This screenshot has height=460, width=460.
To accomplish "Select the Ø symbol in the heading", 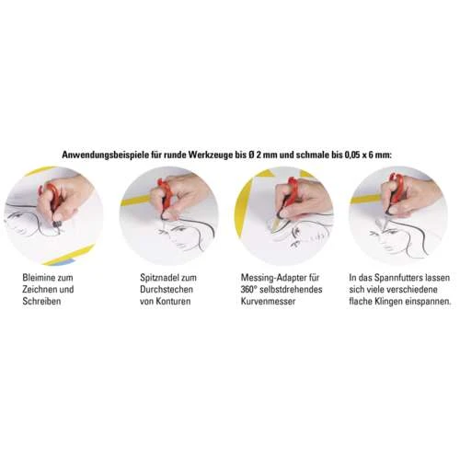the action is pos(251,155).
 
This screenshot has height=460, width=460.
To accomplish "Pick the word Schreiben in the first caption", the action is pos(41,301).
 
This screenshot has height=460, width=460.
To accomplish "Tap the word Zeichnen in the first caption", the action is pos(40,290).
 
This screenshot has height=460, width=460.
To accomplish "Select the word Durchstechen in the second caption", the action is pos(167,290).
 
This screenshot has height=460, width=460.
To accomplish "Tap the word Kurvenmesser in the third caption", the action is pos(268,301).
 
